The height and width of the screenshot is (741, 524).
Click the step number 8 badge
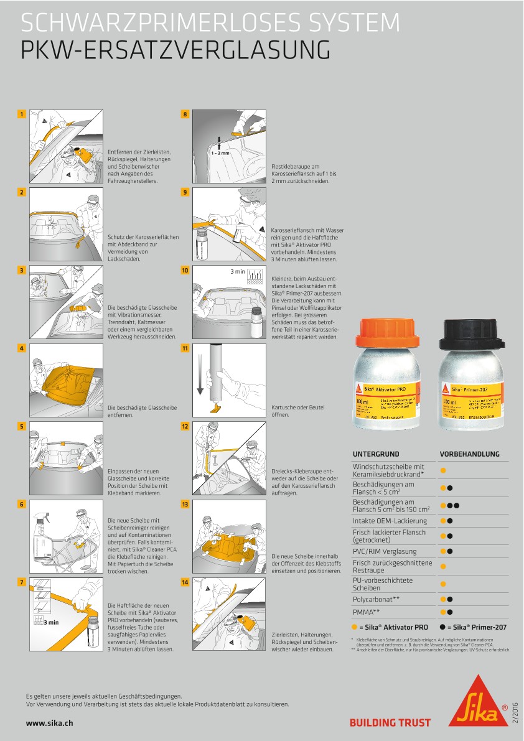click(185, 114)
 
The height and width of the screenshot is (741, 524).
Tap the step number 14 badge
click(185, 582)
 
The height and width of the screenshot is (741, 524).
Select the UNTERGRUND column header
click(376, 454)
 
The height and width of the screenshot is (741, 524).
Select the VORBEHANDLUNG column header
click(469, 454)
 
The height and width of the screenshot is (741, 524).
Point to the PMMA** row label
click(367, 612)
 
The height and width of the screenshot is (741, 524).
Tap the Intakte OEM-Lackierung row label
click(390, 520)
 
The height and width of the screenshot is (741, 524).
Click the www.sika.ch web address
click(50, 723)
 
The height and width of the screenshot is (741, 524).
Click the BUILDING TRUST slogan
click(390, 723)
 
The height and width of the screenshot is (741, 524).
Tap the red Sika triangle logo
click(477, 702)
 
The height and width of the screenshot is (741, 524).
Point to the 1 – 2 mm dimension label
click(220, 151)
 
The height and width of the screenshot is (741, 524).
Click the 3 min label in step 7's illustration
click(51, 622)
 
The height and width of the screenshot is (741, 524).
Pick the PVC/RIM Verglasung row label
click(385, 551)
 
